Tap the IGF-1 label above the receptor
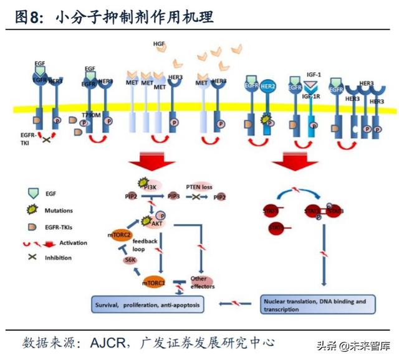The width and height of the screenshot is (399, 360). tap(312, 73)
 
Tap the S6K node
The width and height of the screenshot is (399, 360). tap(130, 260)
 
